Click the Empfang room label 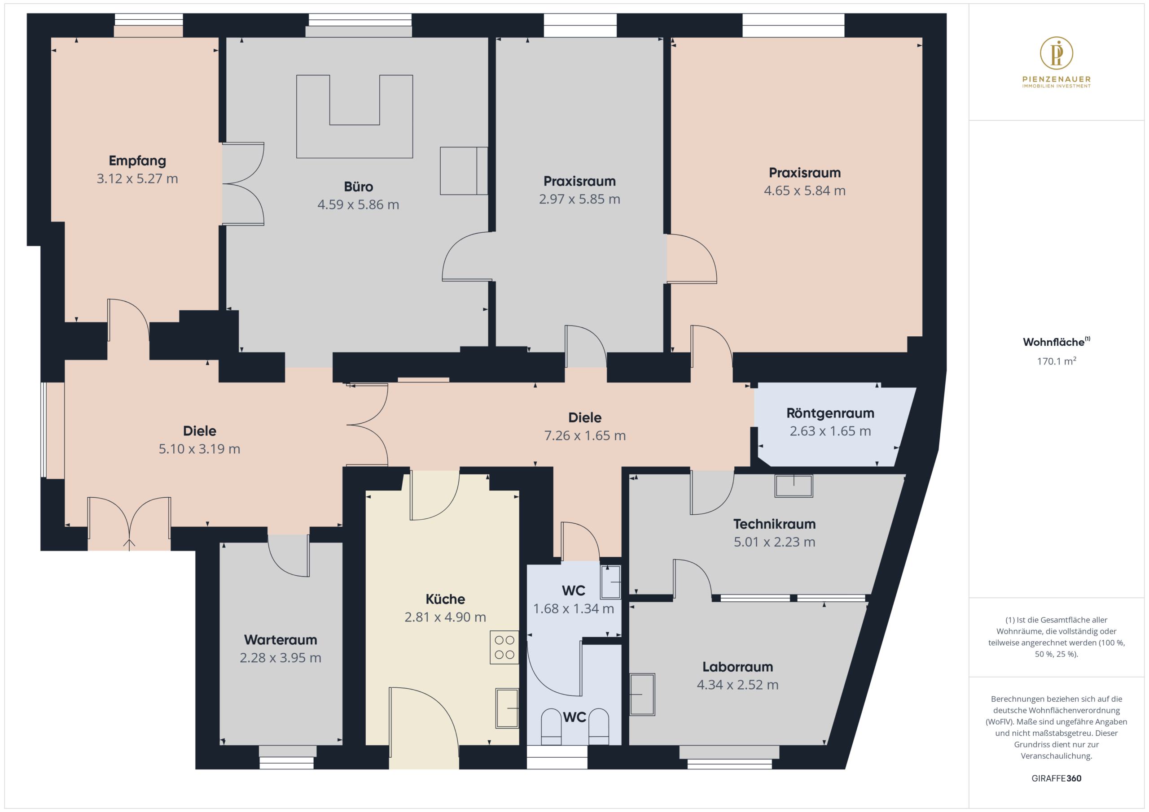click(137, 161)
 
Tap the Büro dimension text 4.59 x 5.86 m click(358, 204)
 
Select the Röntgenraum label click(830, 413)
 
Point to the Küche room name click(445, 599)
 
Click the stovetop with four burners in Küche click(504, 647)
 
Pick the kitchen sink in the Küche click(507, 708)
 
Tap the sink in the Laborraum click(642, 694)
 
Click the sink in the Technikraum click(794, 486)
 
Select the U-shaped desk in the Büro click(354, 117)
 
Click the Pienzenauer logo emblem click(1057, 53)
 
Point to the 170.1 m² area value click(1057, 361)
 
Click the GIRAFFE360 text click(1057, 778)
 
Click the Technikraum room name click(774, 524)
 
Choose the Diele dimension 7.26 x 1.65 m click(585, 435)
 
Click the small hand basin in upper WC click(610, 582)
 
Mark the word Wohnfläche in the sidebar click(1053, 342)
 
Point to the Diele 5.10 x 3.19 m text click(199, 448)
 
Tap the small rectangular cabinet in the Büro click(464, 170)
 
